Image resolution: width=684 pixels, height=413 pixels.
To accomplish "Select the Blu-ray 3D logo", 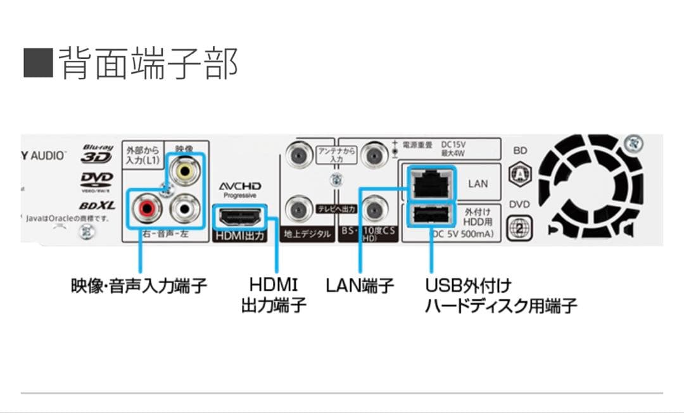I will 97,153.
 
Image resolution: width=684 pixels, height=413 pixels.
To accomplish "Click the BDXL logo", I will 97,206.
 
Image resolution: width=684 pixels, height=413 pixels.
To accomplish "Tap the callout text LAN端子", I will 360,286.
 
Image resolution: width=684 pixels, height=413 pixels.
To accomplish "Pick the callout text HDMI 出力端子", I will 274,295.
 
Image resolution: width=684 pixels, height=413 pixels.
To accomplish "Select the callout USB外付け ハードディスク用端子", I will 501,295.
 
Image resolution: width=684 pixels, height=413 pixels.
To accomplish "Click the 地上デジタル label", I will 307,234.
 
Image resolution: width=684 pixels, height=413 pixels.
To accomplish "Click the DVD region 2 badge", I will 520,227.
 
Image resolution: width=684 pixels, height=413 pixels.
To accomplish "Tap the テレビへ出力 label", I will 336,208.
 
